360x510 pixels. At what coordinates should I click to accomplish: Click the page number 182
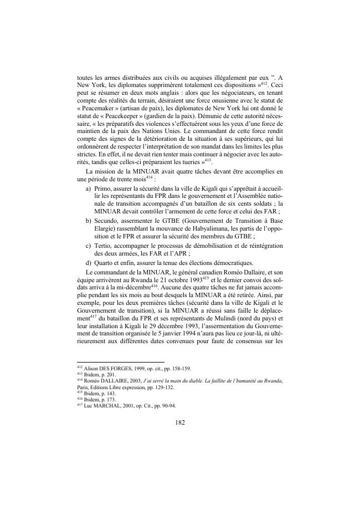[179, 437]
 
